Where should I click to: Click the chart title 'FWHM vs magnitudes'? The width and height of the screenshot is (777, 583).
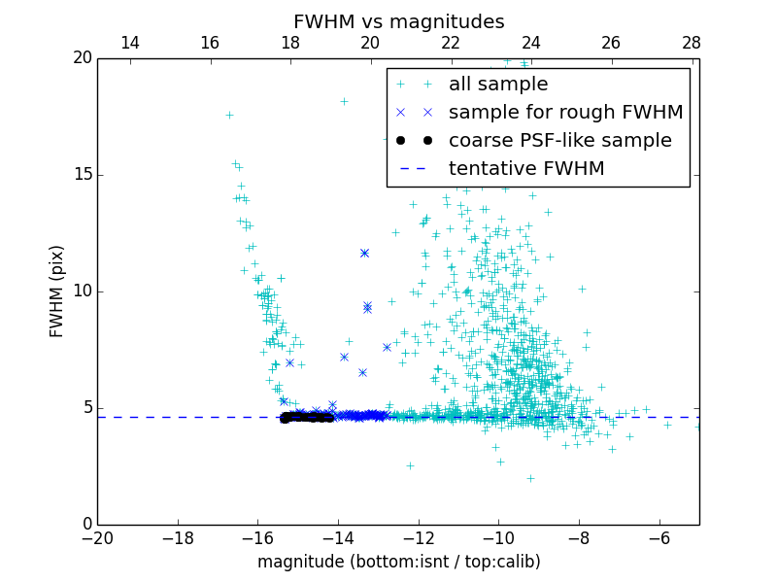pyautogui.click(x=398, y=21)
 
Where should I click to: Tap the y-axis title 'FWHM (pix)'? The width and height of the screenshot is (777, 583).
pyautogui.click(x=57, y=291)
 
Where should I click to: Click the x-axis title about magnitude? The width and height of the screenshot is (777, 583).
pyautogui.click(x=398, y=562)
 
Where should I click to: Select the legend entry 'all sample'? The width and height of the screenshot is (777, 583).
pyautogui.click(x=497, y=85)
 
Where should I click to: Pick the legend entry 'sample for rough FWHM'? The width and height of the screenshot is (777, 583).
pyautogui.click(x=565, y=113)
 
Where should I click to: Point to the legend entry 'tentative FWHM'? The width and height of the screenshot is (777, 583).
pyautogui.click(x=525, y=169)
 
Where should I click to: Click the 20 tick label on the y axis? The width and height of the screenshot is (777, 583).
pyautogui.click(x=82, y=58)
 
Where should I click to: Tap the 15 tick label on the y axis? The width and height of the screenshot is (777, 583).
pyautogui.click(x=82, y=175)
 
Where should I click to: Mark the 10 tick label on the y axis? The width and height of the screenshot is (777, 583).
pyautogui.click(x=82, y=291)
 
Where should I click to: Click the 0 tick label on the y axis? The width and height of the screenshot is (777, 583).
pyautogui.click(x=86, y=525)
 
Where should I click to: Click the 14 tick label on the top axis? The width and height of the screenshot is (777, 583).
pyautogui.click(x=129, y=43)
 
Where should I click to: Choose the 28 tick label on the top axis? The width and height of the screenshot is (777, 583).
pyautogui.click(x=692, y=43)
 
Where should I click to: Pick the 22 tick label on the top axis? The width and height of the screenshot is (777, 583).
pyautogui.click(x=451, y=43)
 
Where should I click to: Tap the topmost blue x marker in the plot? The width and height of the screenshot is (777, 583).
pyautogui.click(x=364, y=253)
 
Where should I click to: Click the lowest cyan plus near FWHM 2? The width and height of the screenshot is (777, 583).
pyautogui.click(x=530, y=478)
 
